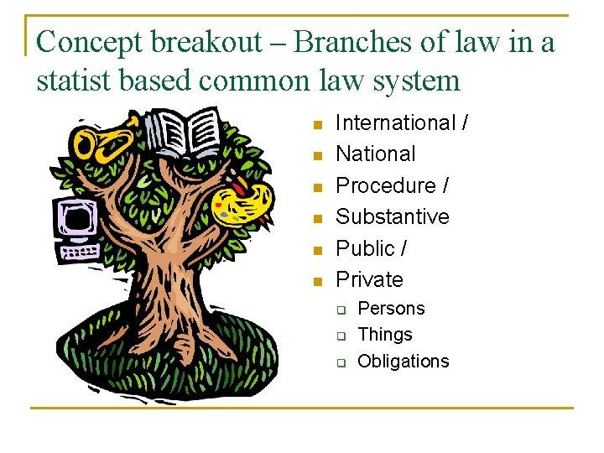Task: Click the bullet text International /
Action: (x=402, y=123)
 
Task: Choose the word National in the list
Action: (x=375, y=154)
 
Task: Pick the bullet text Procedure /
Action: (x=392, y=185)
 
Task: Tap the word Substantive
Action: (x=393, y=216)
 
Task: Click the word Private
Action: (x=369, y=279)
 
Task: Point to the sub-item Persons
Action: (x=391, y=309)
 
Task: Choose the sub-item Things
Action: (x=385, y=335)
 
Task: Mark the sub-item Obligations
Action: (x=404, y=362)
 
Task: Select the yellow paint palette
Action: (x=242, y=202)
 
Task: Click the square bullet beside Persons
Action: (x=342, y=310)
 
